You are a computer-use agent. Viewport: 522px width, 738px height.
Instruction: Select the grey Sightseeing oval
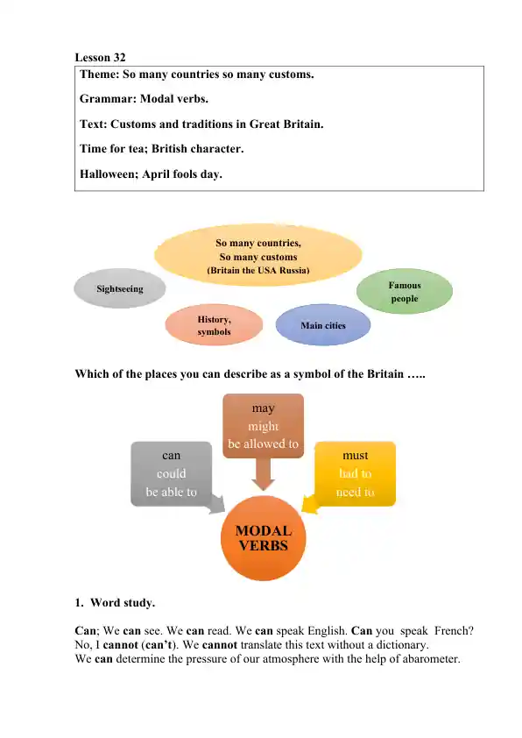pos(120,288)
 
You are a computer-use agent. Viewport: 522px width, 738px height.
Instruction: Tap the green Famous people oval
pos(405,292)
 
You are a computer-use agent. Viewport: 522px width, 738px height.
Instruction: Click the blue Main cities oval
pos(323,325)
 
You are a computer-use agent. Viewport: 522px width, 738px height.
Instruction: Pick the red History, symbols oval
pos(215,326)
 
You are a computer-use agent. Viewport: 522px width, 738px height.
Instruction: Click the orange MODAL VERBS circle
pos(264,537)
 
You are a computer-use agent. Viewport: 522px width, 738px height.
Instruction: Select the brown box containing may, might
pos(263,426)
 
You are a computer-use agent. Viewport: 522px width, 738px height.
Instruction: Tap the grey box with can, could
pos(172,473)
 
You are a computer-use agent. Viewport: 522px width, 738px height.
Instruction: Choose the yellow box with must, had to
pos(356,473)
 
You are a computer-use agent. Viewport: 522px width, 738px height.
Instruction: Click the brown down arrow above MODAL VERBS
pos(263,475)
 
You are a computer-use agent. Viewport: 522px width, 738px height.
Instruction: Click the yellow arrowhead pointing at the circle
pos(307,506)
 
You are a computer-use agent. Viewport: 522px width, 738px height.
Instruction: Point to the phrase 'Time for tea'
pos(114,149)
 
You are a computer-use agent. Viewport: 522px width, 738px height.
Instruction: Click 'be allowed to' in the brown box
pos(263,444)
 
